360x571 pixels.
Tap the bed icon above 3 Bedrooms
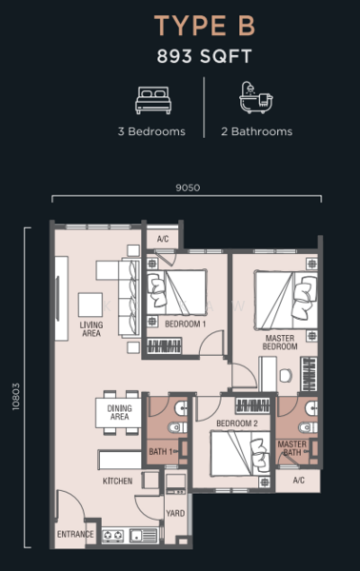pos(152,99)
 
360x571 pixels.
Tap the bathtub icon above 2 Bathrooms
pos(253,99)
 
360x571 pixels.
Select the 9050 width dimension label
pos(188,187)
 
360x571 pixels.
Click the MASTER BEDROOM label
pos(281,342)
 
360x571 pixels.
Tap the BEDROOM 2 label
pos(236,423)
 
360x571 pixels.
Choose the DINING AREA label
pos(119,413)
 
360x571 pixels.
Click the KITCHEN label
pos(118,482)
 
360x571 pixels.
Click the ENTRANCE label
pos(76,535)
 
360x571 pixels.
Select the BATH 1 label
pos(160,451)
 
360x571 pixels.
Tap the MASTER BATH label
pos(291,448)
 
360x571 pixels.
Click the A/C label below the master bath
pos(299,482)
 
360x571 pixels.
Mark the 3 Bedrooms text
pos(152,132)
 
